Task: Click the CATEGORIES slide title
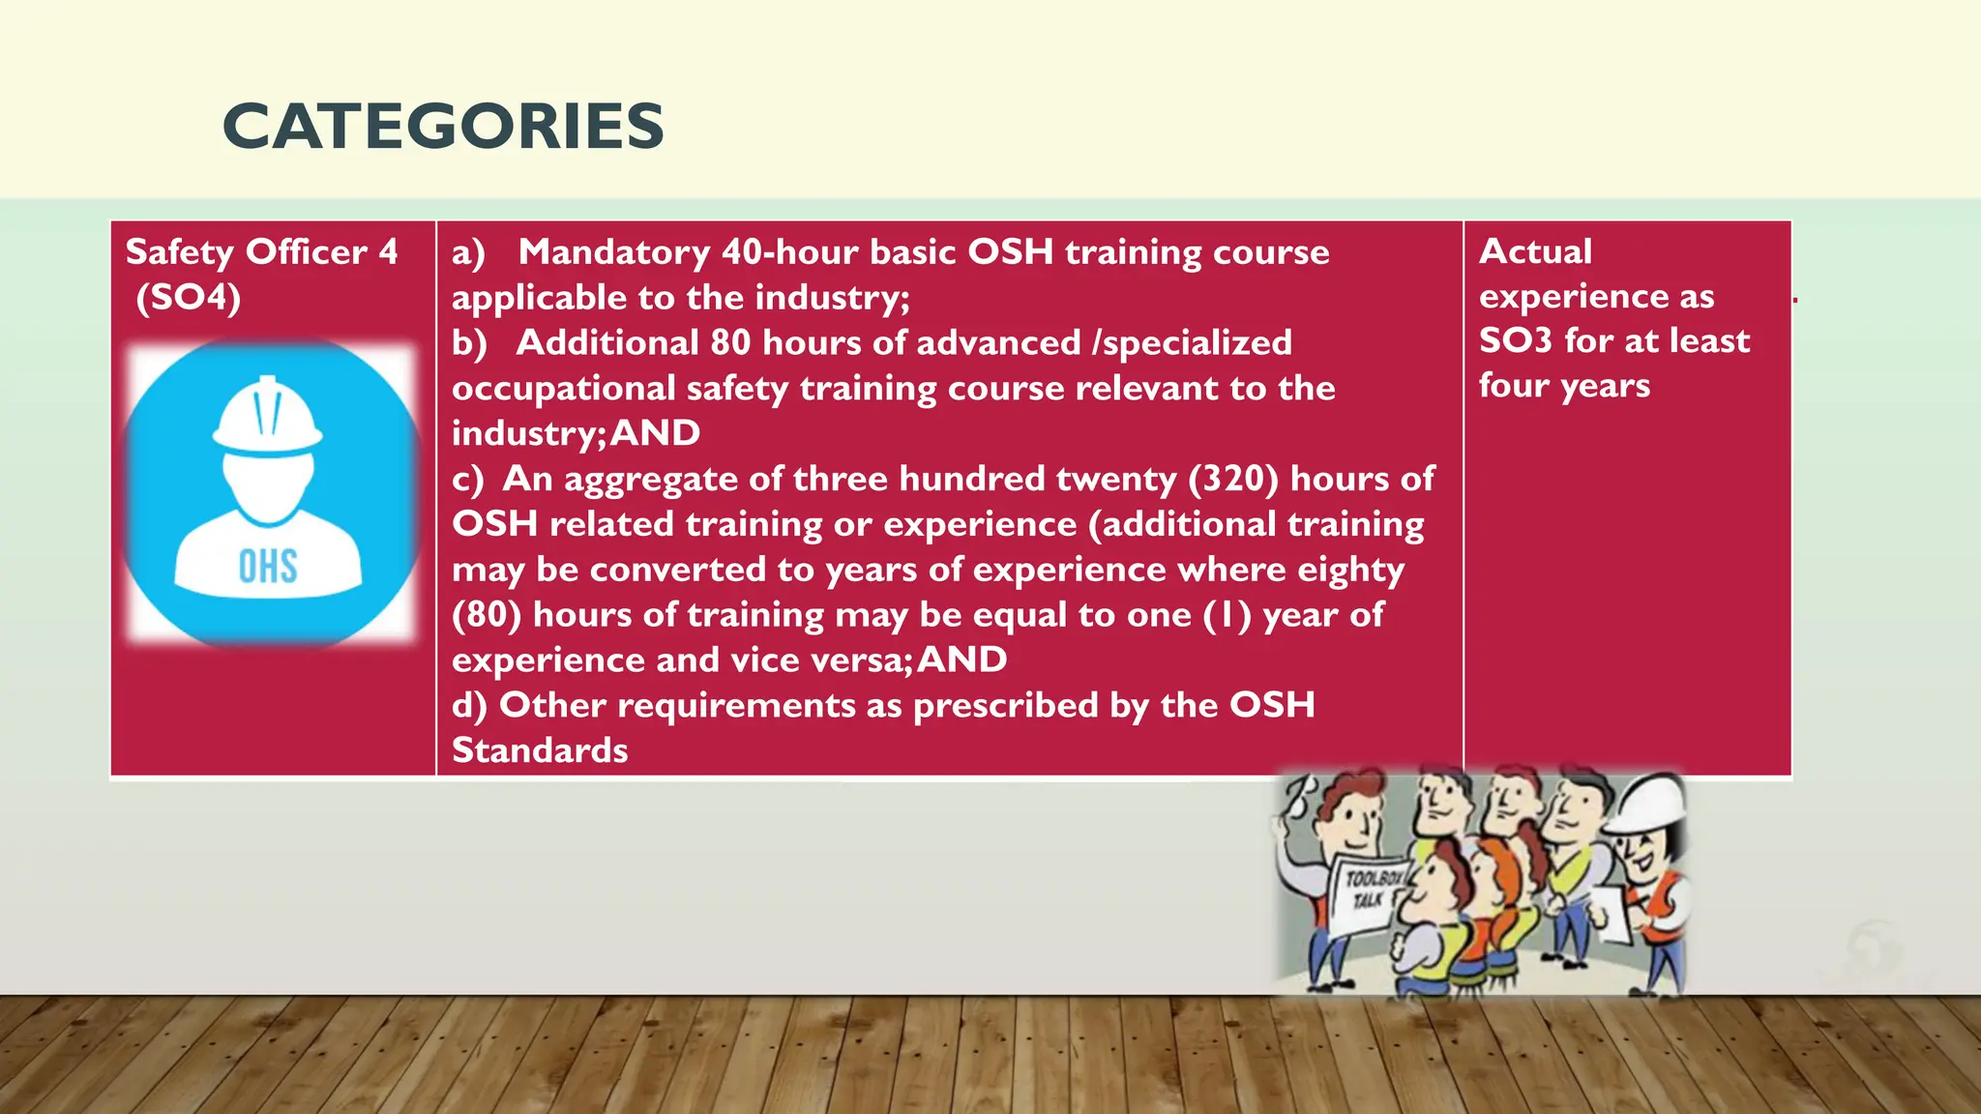(443, 127)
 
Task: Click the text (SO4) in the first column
(188, 297)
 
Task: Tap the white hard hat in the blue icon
(267, 417)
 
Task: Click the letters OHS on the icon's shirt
(268, 567)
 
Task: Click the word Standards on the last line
(540, 750)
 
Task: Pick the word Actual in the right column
(1535, 251)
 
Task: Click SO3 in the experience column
(1515, 340)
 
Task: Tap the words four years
(1564, 386)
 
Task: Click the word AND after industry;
(655, 433)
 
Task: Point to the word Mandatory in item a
(614, 252)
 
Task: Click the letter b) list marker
(469, 343)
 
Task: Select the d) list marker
(469, 706)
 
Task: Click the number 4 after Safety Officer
(388, 252)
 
